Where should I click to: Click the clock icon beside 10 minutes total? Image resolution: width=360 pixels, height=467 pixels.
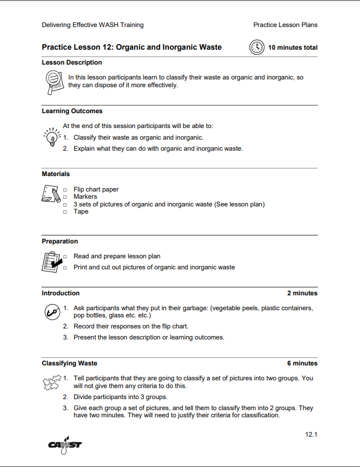[x=257, y=47]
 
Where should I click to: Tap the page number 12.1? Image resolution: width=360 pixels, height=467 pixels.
[x=311, y=434]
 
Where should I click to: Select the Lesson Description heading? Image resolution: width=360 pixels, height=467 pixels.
[x=72, y=63]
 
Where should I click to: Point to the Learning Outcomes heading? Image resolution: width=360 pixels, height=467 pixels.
[x=72, y=111]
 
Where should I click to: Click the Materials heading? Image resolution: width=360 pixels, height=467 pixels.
[x=56, y=174]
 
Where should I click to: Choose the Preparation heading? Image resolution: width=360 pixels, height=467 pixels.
[x=60, y=241]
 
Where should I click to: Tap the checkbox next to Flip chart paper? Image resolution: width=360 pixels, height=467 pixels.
[x=65, y=190]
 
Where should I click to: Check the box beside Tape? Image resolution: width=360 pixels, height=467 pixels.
[x=65, y=212]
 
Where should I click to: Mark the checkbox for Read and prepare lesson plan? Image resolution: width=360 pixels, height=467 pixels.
[x=65, y=257]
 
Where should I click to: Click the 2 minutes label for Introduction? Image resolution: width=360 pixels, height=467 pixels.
[x=302, y=293]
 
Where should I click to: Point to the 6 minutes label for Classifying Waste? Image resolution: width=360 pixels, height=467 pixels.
[x=302, y=363]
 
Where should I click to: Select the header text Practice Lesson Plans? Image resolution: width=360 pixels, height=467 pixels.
[x=285, y=25]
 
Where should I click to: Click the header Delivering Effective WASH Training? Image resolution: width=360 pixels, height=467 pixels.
[x=93, y=25]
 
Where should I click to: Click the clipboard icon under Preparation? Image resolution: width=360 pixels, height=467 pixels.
[x=51, y=261]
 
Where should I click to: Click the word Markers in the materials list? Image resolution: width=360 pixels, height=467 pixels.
[x=85, y=197]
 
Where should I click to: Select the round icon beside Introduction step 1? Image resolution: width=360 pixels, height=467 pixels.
[x=51, y=312]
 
